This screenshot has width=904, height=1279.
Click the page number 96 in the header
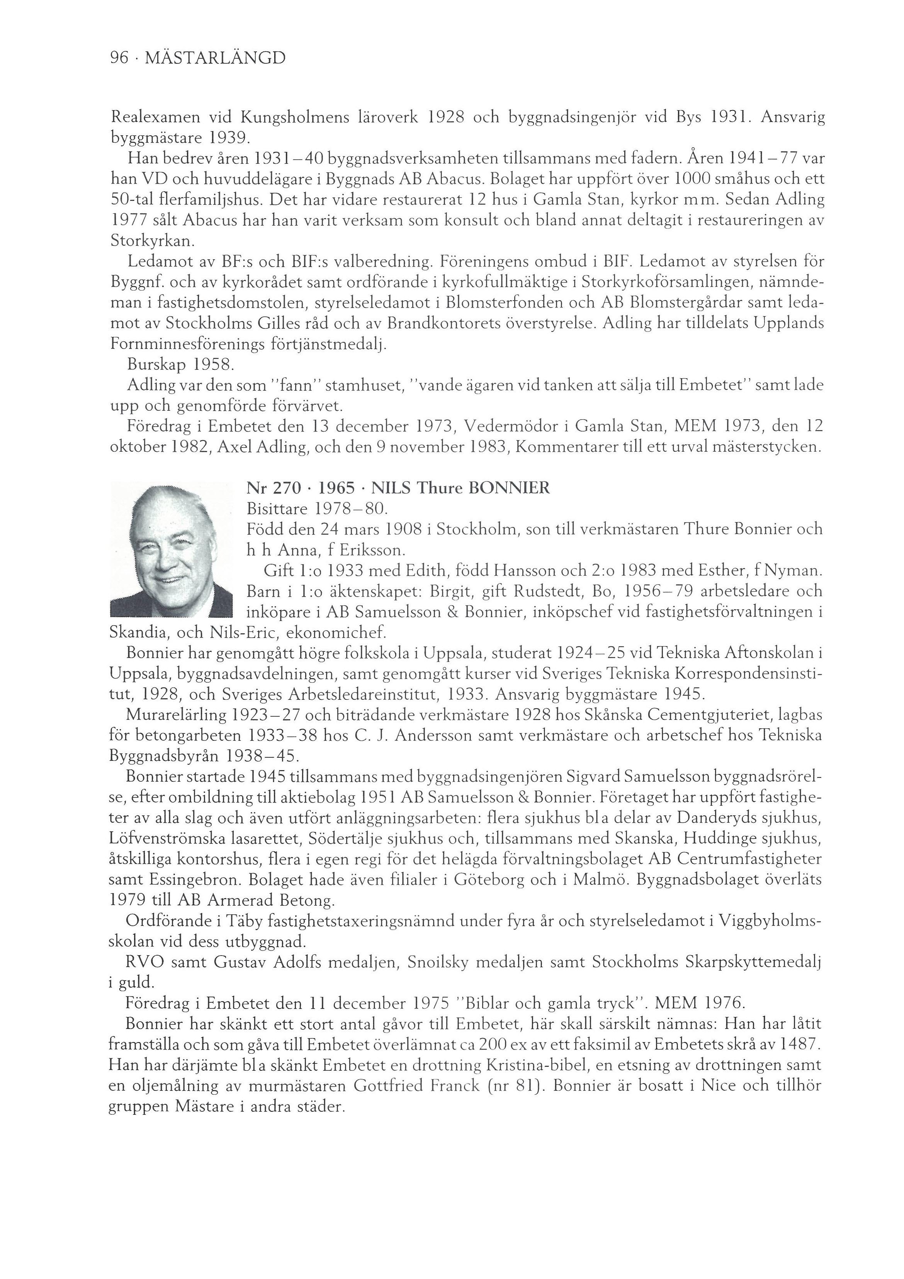pos(119,58)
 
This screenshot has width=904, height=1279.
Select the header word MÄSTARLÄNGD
pos(215,58)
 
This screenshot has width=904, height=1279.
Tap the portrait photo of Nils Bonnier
pos(172,550)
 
